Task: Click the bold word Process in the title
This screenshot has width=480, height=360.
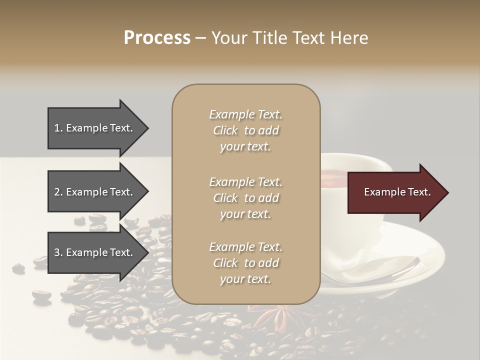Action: [x=157, y=38]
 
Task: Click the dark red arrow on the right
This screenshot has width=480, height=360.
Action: [x=395, y=192]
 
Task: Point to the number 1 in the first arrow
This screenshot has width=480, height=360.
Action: [x=56, y=128]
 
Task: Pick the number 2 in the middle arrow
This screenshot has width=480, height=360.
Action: [x=57, y=192]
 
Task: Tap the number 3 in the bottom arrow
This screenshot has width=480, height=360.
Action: [x=57, y=253]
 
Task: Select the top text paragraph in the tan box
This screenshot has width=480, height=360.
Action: [x=245, y=130]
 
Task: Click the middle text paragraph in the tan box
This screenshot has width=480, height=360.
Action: [x=245, y=198]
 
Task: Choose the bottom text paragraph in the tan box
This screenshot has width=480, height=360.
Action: [x=245, y=263]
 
